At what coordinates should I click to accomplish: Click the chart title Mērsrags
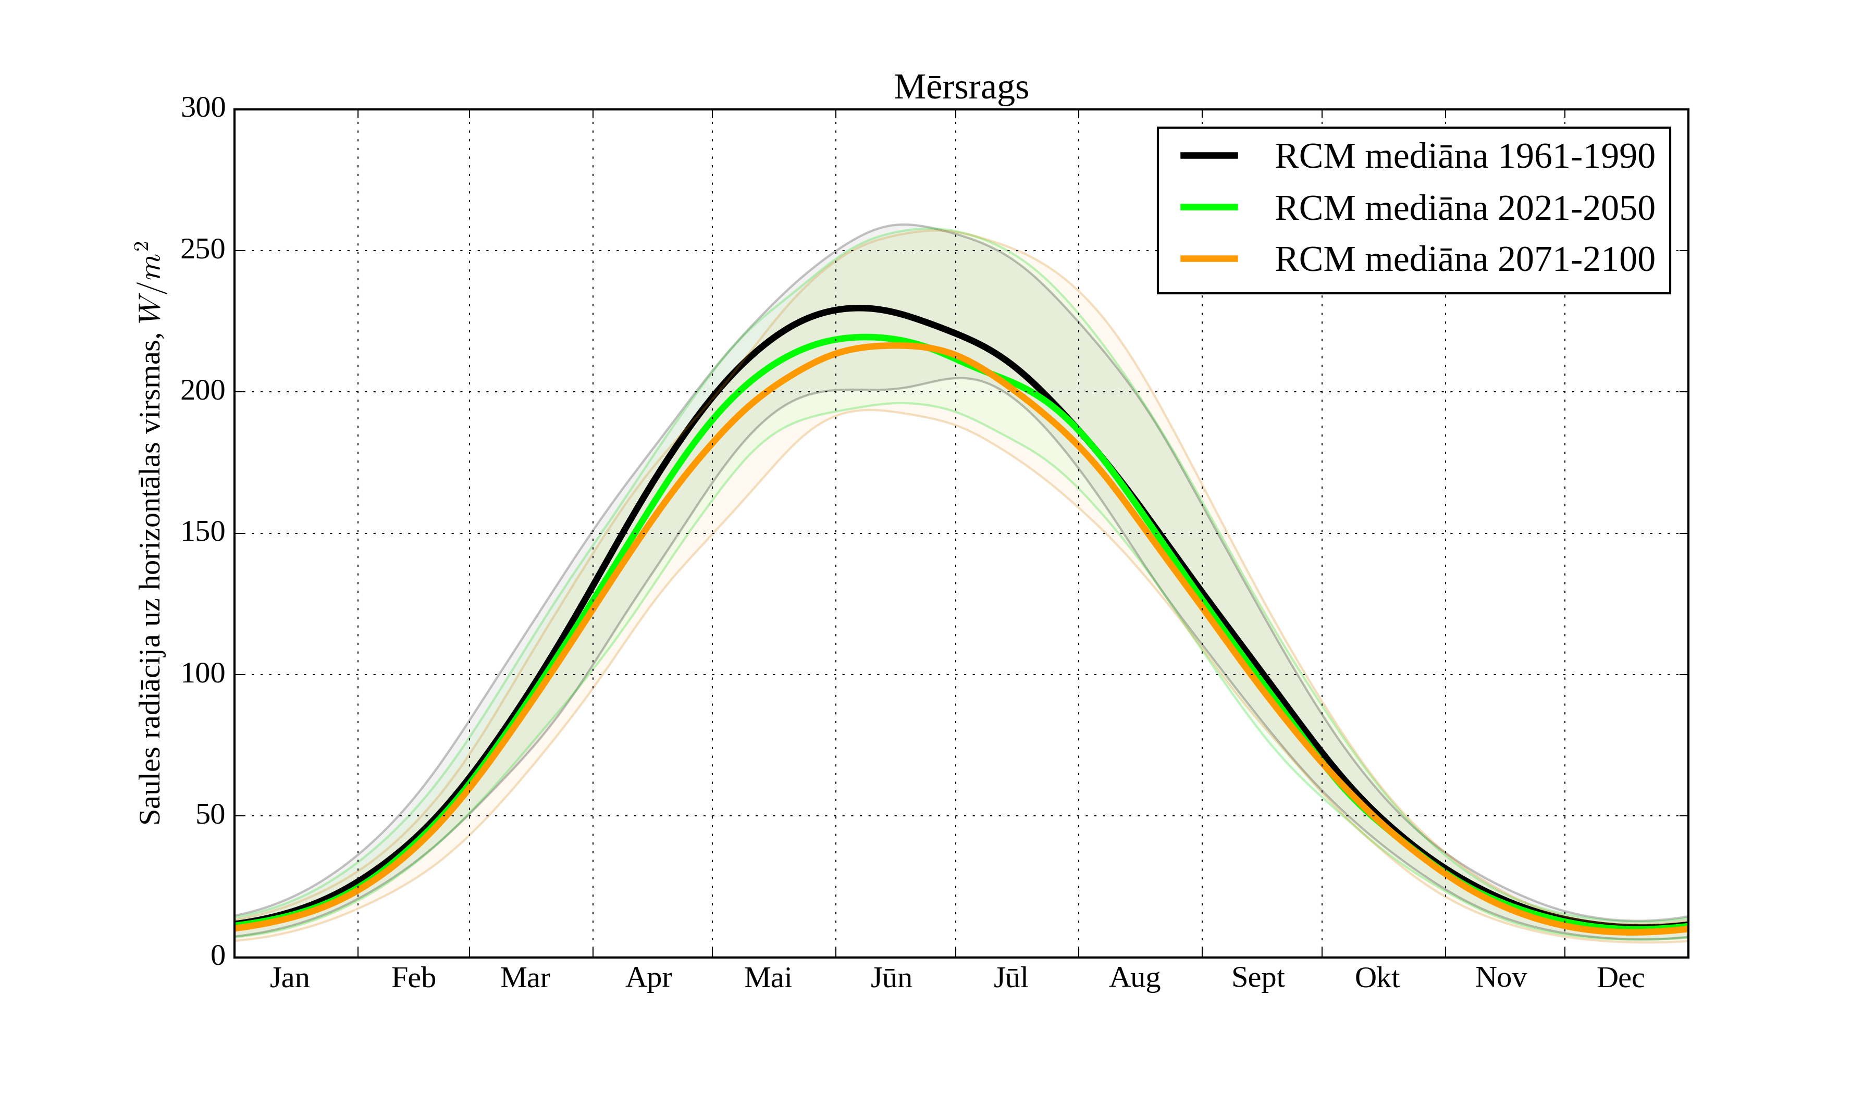[960, 88]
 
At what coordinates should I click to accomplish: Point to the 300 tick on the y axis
[203, 109]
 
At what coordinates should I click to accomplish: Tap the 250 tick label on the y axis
[203, 250]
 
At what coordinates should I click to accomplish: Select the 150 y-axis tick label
[203, 533]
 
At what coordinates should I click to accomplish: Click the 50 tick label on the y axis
[210, 816]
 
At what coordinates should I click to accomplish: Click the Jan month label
[290, 978]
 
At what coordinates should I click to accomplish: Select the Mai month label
[768, 978]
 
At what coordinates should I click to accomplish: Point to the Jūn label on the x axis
[891, 978]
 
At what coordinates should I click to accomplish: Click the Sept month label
[1257, 978]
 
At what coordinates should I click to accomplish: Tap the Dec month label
[1620, 978]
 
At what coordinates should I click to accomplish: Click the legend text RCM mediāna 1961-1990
[1464, 156]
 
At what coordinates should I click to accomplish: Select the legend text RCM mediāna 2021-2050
[1464, 208]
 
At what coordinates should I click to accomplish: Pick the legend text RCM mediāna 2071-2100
[1464, 260]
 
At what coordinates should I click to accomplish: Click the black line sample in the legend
[1209, 156]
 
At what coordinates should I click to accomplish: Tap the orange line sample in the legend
[1209, 259]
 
